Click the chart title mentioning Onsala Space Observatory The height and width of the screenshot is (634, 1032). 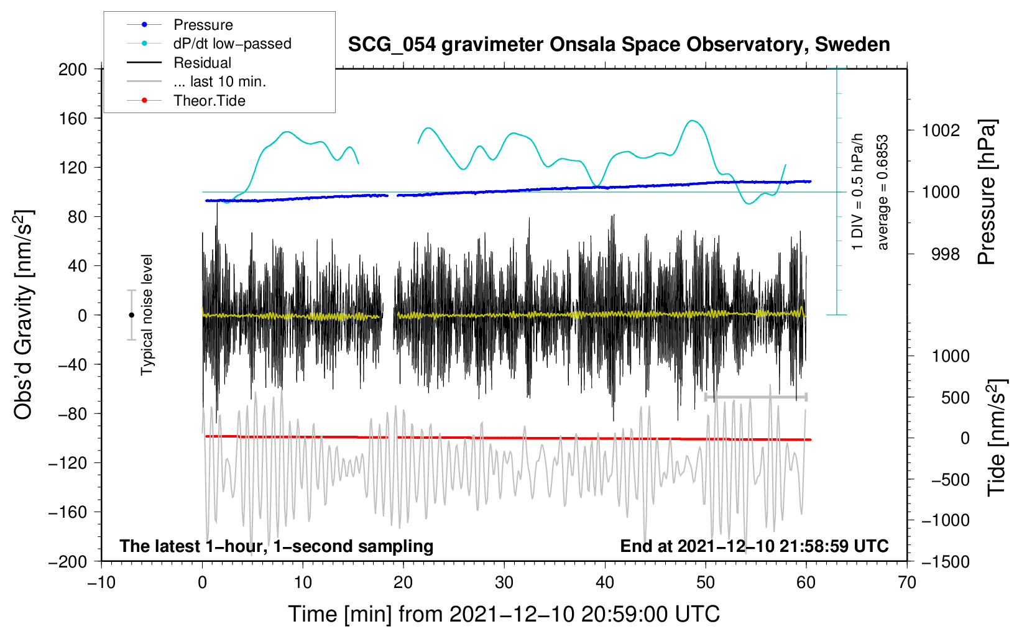point(619,45)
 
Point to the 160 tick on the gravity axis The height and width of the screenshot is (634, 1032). point(73,118)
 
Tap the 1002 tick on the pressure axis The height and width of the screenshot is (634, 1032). point(941,131)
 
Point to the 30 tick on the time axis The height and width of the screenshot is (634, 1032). point(504,583)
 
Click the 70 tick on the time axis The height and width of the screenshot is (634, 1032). point(907,583)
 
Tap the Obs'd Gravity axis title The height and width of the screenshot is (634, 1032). point(23,315)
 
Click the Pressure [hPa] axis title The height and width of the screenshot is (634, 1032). point(987,193)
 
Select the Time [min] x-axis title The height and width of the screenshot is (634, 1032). point(504,614)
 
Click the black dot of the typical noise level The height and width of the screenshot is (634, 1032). point(131,315)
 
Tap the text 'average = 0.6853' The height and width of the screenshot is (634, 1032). point(883,193)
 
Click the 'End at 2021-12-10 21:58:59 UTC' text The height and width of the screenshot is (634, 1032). point(754,546)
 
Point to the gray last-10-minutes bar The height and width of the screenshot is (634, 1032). point(756,397)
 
